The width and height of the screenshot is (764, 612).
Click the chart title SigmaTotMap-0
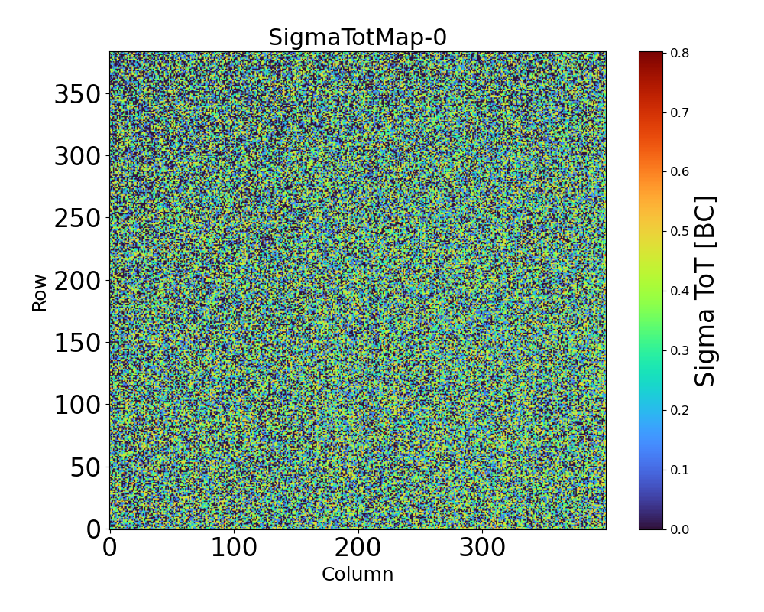click(357, 37)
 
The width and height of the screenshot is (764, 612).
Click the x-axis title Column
click(357, 575)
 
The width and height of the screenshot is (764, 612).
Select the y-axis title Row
click(39, 293)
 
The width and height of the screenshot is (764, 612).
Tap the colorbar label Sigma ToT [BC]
click(706, 291)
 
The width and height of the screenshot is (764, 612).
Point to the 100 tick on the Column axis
click(234, 548)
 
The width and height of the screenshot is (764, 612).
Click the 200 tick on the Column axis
click(358, 548)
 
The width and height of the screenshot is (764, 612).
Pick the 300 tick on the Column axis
click(482, 548)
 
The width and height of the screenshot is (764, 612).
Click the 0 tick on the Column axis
click(110, 548)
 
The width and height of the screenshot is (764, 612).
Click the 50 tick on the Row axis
click(85, 467)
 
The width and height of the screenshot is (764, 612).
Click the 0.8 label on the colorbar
click(679, 53)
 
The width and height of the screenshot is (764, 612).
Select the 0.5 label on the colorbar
click(679, 231)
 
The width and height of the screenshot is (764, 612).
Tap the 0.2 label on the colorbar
click(679, 410)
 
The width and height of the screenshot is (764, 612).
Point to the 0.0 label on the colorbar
click(679, 529)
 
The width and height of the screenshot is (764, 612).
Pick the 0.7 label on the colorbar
click(679, 112)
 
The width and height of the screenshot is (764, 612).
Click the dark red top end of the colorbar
click(651, 55)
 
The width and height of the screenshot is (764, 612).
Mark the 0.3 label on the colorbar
click(679, 350)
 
